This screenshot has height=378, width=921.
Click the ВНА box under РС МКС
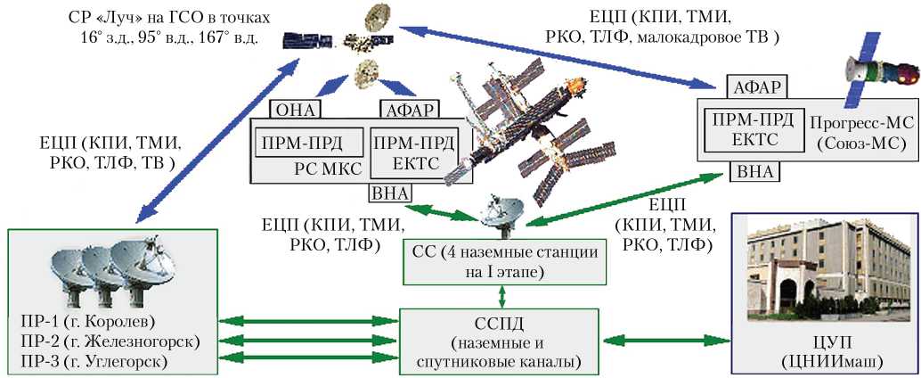386,194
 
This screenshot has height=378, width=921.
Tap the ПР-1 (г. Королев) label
85,321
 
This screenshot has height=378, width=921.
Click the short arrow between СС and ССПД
504,295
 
